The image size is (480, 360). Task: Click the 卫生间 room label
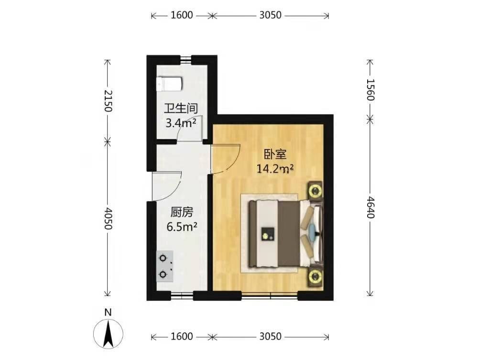coord(181,109)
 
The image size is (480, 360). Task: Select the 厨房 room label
coord(182,212)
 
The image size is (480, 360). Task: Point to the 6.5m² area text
coord(182,227)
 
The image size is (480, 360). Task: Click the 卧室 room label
coord(275,154)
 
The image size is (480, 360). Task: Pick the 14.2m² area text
coord(275,168)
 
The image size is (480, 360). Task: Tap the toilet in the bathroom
coord(170,84)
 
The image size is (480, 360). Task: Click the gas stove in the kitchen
coord(164,266)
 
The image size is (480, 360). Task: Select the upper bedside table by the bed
coord(316,191)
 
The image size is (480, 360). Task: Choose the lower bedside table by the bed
coord(316,277)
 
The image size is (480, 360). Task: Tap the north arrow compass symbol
coord(108,334)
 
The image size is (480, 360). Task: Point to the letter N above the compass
coord(108,312)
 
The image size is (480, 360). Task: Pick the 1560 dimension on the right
coord(370,90)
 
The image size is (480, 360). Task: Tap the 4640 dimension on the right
coord(370,207)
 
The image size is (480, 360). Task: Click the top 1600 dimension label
coord(182,15)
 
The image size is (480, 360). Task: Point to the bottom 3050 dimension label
coord(270,337)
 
